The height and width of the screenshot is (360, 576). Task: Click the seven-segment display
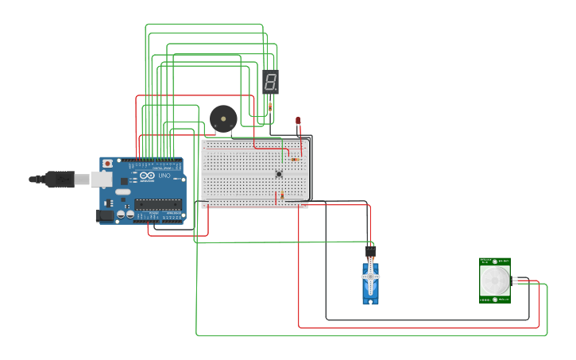point(270,81)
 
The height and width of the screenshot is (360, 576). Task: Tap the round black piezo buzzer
point(222,118)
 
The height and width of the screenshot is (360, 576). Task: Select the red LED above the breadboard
point(298,121)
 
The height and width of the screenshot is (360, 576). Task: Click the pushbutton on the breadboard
point(279,174)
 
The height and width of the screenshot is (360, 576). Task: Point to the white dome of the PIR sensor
point(495,281)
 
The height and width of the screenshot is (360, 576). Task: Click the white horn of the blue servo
point(370,276)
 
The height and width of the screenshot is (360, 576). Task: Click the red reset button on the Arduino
point(107,163)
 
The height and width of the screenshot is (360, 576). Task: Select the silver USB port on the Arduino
point(102,180)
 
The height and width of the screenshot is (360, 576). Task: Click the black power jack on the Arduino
point(104,215)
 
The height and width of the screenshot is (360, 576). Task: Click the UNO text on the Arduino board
point(164,176)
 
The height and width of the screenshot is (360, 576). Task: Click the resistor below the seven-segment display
point(270,106)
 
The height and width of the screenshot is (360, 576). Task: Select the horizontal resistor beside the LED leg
point(295,159)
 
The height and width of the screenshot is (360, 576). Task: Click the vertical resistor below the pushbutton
point(282,195)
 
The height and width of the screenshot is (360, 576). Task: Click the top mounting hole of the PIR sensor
point(495,261)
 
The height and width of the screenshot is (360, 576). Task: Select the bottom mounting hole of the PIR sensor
point(495,300)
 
